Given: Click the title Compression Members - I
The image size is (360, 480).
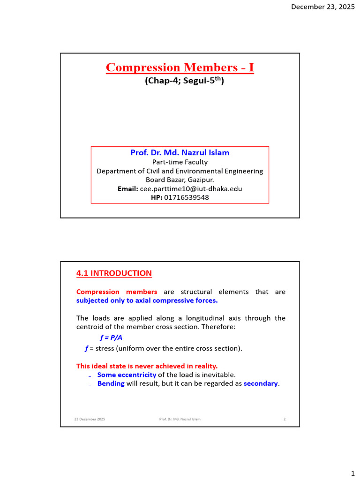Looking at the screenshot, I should [x=180, y=67].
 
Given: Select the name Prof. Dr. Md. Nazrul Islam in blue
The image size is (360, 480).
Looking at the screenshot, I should [x=180, y=153].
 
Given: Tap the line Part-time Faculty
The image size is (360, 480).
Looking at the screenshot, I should [x=180, y=162].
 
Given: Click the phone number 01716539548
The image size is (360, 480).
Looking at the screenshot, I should [x=187, y=197].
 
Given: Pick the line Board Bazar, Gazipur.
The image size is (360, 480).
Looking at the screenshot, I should [x=180, y=180].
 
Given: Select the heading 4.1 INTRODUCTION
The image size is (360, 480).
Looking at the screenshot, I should [x=114, y=273].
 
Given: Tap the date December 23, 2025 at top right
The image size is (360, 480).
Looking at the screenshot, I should [x=323, y=7].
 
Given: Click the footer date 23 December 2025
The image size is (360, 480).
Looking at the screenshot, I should [x=90, y=419].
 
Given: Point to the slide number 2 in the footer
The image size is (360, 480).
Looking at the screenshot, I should [x=285, y=419].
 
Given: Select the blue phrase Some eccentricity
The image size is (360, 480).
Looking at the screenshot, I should [x=127, y=375].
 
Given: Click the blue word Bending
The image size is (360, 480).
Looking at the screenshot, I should [x=111, y=383].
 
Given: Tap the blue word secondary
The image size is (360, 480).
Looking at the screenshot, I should [x=261, y=383].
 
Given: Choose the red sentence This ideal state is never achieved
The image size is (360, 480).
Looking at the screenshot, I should [x=147, y=366].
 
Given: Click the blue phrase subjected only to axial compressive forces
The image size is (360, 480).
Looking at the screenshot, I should [x=147, y=300].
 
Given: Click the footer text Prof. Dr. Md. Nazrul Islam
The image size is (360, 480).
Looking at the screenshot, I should [x=180, y=419].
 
